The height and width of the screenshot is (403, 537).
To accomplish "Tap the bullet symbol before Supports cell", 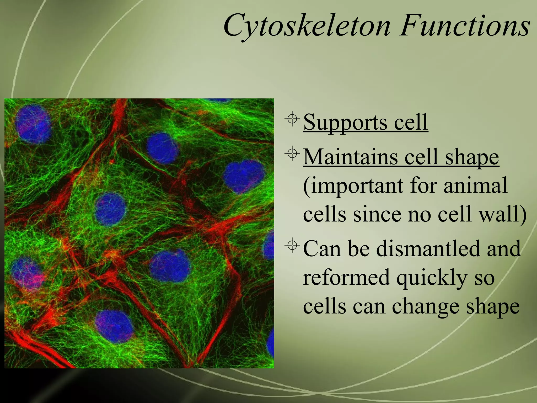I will [x=292, y=119].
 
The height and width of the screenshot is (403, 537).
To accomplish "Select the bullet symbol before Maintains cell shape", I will [x=292, y=154].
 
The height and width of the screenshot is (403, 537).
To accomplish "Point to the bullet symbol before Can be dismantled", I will [x=292, y=246].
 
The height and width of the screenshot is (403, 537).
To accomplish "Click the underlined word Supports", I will [x=345, y=123].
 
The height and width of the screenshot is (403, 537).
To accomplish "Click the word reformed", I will [x=346, y=277].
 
